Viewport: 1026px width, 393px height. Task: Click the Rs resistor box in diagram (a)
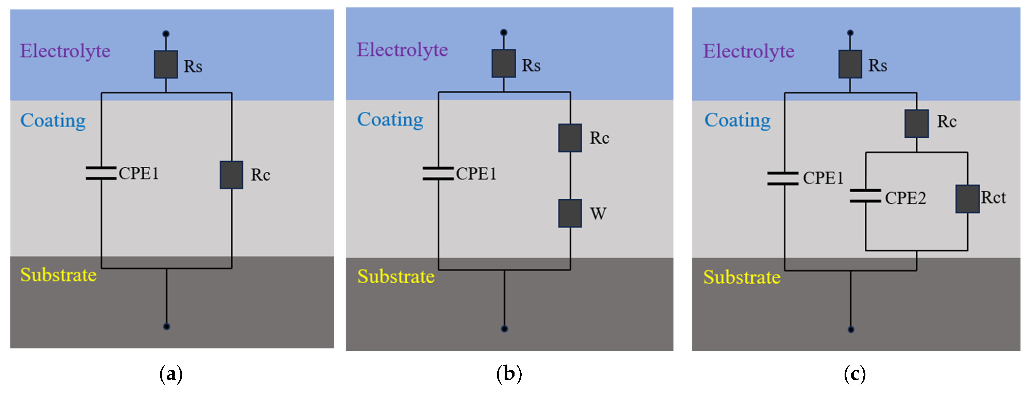(166, 64)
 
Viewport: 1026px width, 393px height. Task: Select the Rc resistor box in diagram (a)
(231, 175)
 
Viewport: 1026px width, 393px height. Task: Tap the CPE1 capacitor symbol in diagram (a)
(101, 173)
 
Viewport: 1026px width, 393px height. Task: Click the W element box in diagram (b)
(570, 213)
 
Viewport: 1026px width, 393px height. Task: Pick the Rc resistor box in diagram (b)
(570, 138)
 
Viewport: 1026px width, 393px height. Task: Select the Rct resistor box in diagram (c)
(967, 199)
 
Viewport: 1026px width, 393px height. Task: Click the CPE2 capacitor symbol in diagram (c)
(865, 196)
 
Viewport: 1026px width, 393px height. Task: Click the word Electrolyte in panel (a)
(65, 51)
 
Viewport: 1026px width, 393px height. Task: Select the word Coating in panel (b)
(390, 120)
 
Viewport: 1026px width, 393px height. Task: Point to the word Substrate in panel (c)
(742, 277)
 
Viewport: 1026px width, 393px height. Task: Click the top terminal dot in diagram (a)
(166, 34)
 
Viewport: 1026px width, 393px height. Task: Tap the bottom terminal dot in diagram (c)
(851, 330)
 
